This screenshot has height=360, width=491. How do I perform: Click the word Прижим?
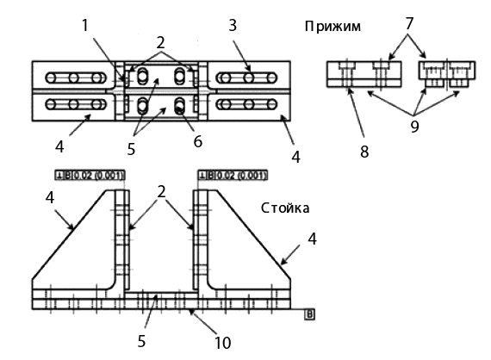pyautogui.click(x=332, y=27)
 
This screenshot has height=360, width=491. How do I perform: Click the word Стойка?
pyautogui.click(x=283, y=208)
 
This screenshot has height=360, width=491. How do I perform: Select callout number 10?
pyautogui.click(x=221, y=342)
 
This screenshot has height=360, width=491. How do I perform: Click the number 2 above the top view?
pyautogui.click(x=159, y=40)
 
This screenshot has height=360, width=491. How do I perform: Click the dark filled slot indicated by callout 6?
pyautogui.click(x=179, y=107)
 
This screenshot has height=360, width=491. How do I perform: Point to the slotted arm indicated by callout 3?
pyautogui.click(x=246, y=78)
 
